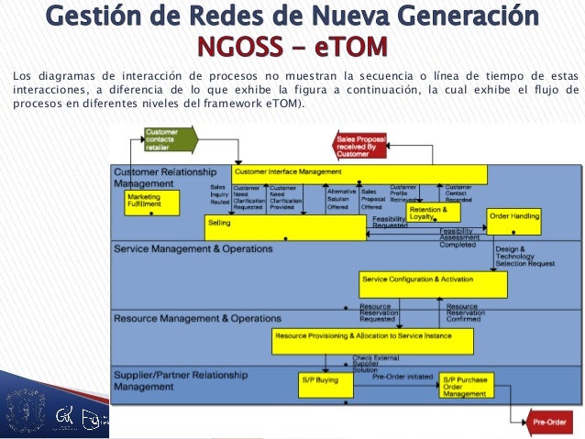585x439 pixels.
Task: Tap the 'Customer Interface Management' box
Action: tap(358, 172)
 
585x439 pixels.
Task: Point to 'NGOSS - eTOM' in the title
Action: tap(292, 45)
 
